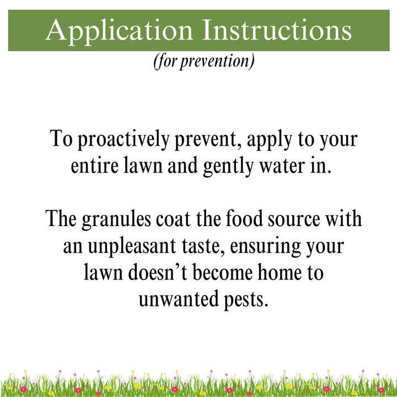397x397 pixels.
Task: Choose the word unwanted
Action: pyautogui.click(x=176, y=299)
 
